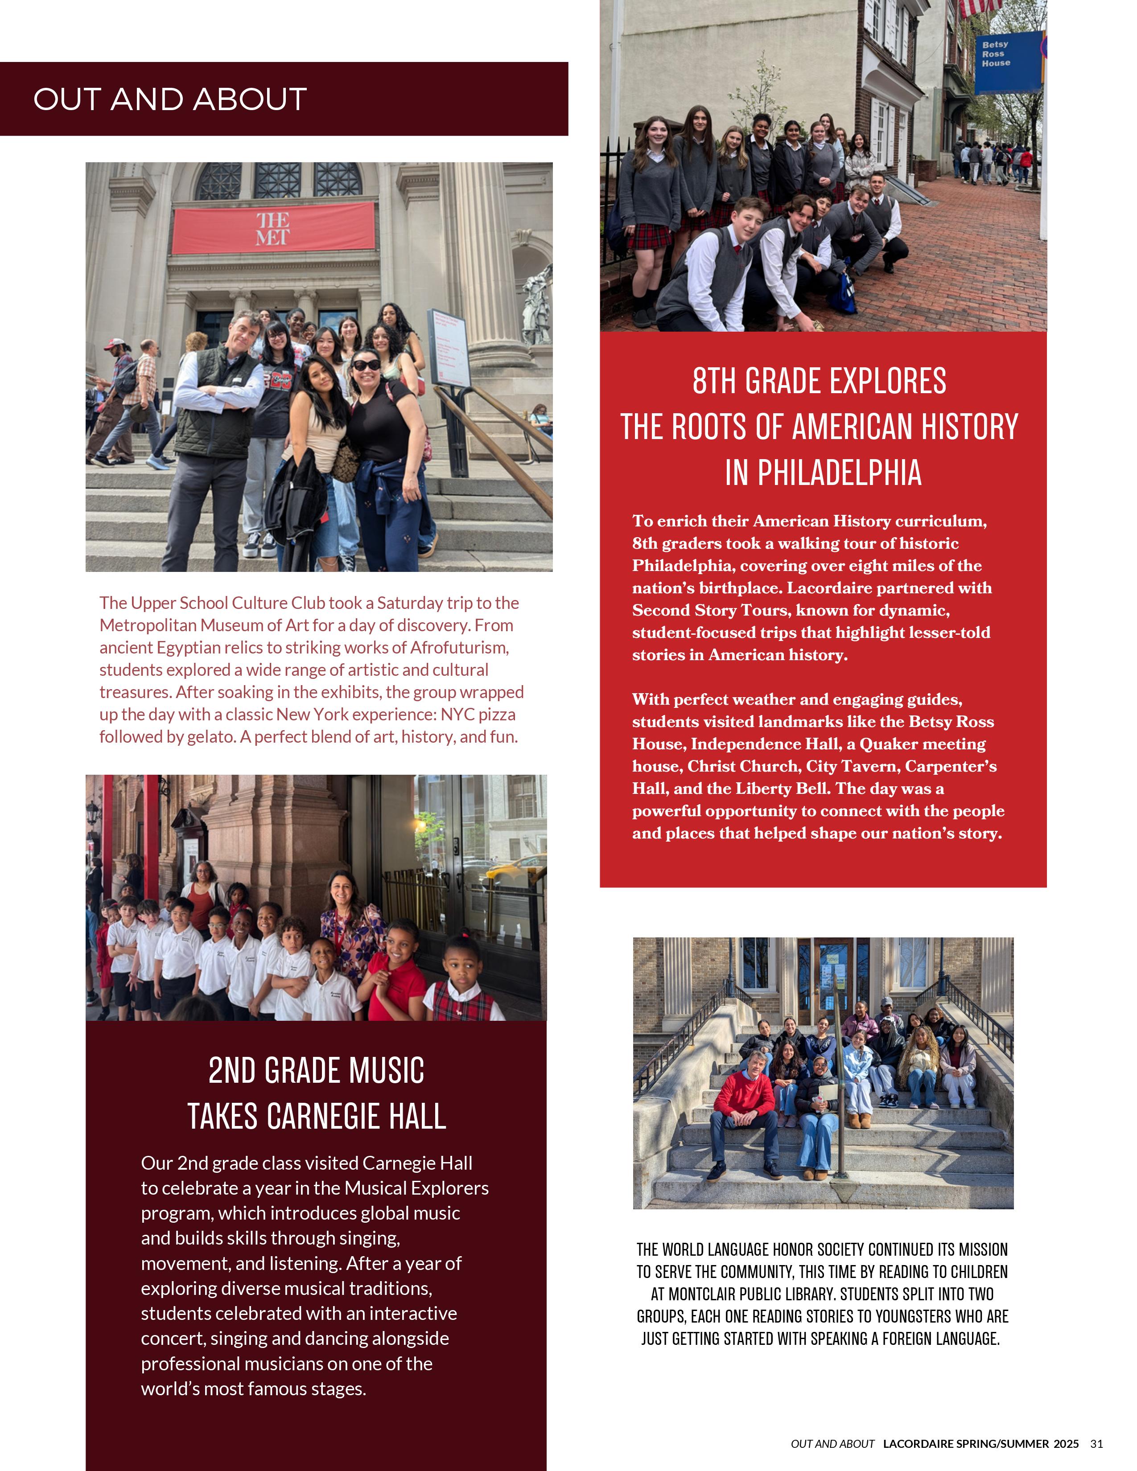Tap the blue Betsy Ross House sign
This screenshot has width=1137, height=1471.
(x=1006, y=61)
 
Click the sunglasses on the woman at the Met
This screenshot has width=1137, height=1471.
(x=367, y=364)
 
